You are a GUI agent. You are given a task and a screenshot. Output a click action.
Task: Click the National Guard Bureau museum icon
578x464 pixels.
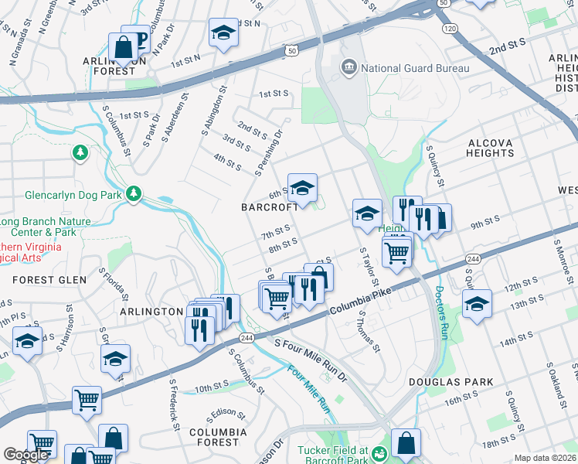tap(348, 68)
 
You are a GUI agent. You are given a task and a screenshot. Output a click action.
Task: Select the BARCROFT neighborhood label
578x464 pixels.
tap(270, 207)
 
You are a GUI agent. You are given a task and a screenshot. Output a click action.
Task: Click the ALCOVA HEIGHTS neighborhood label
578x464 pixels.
tap(490, 148)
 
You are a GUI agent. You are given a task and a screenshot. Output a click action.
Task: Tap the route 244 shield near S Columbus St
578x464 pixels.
tap(246, 339)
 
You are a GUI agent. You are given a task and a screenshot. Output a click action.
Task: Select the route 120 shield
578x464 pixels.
tap(450, 29)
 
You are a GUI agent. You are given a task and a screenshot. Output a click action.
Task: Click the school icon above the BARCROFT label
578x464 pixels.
tap(303, 187)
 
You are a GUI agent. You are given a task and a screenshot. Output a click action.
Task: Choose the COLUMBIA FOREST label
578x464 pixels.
tap(218, 437)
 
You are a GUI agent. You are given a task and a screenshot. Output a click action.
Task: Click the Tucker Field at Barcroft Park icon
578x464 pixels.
tap(379, 452)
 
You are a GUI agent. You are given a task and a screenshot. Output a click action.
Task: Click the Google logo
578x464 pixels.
tap(25, 455)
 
